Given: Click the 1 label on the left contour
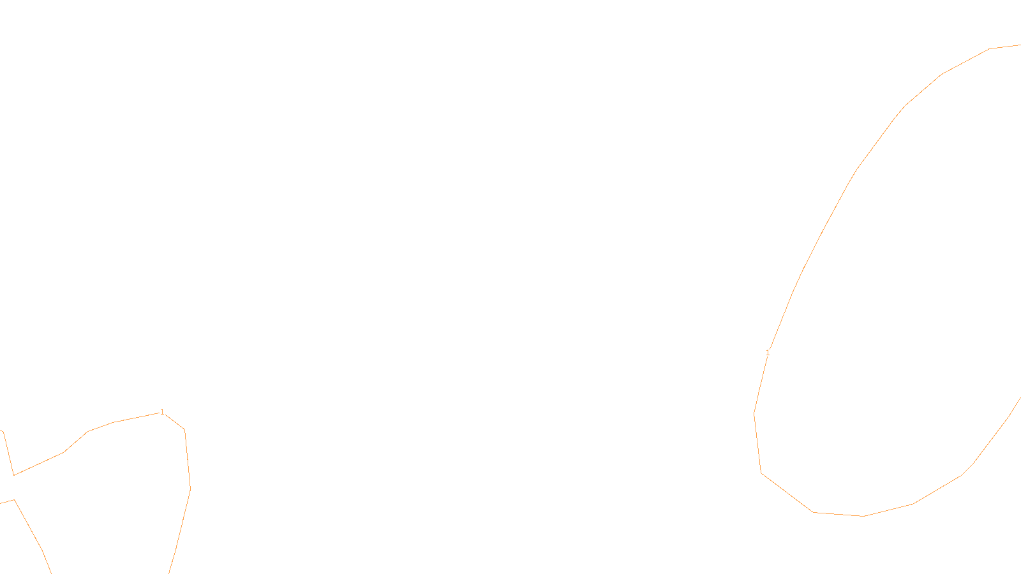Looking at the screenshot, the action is [x=162, y=412].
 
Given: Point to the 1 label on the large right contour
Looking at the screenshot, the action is [x=768, y=352].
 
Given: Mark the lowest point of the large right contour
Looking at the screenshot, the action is [x=864, y=516].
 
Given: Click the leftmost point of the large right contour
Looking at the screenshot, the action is [x=754, y=415].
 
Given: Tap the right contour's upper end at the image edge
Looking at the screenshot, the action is [x=1020, y=45].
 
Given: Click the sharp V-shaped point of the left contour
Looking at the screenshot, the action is [x=14, y=475].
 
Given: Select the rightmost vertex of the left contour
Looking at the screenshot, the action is [x=190, y=489].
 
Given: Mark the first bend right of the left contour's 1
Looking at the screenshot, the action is [x=185, y=430].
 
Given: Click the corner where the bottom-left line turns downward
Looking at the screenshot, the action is [x=14, y=500].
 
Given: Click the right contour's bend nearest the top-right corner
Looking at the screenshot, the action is [x=990, y=48].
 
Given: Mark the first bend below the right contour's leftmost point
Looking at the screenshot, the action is [x=761, y=473].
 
